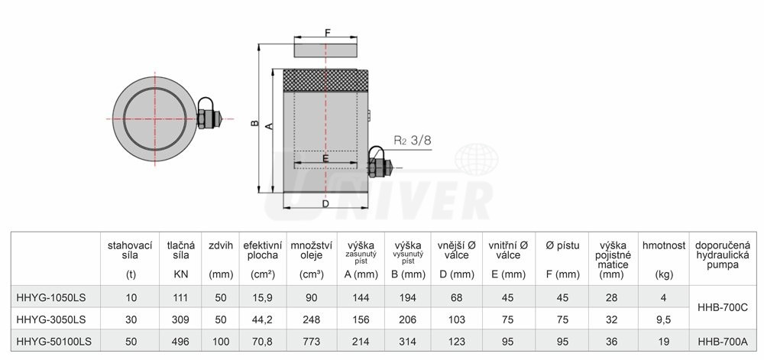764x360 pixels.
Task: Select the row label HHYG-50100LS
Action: (53, 342)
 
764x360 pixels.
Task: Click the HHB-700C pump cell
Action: (722, 308)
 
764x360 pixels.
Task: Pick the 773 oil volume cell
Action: (312, 342)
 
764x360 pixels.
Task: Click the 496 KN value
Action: (180, 342)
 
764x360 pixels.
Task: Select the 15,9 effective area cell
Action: (263, 297)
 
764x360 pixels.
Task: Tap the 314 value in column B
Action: (407, 342)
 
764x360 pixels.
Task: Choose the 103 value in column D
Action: (456, 320)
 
